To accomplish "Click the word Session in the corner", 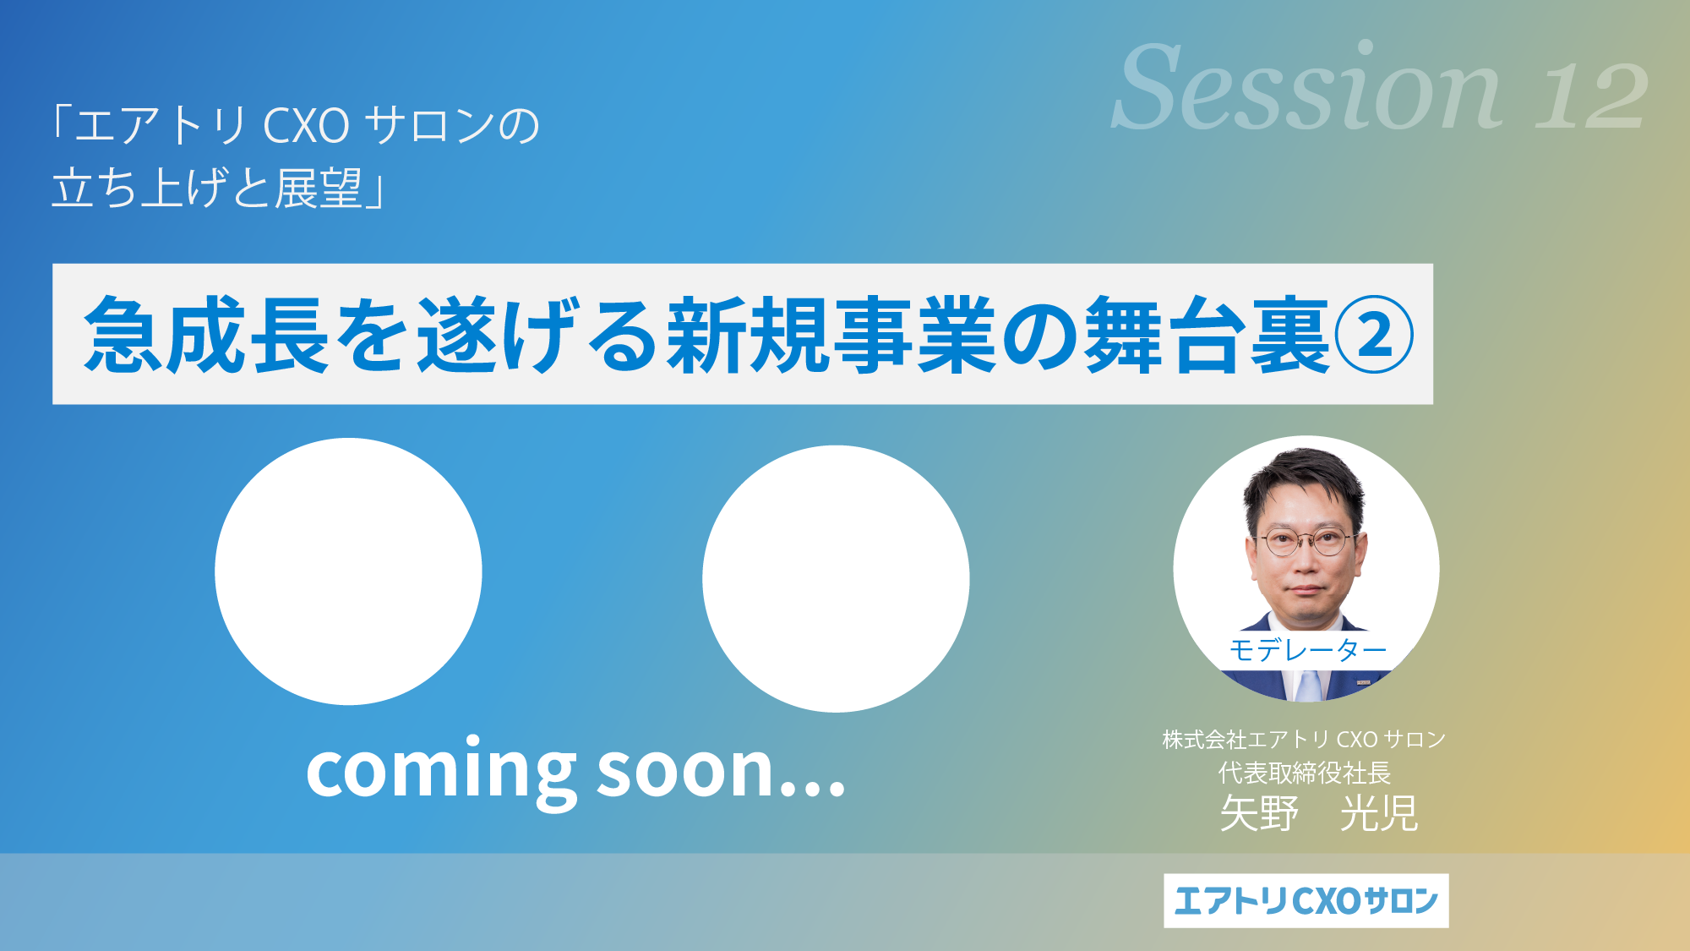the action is (x=1306, y=87).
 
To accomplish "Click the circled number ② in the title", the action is (x=1374, y=335).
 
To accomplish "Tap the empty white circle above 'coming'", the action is (x=348, y=571).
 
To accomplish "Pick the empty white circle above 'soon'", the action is (x=836, y=578).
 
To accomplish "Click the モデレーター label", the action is (x=1307, y=650).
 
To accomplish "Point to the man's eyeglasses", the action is (x=1306, y=542).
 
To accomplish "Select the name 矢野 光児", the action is (x=1319, y=814).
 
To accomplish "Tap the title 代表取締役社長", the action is (x=1305, y=773).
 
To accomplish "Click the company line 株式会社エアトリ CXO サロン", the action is (x=1305, y=740).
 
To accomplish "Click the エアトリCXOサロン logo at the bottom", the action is (x=1306, y=900).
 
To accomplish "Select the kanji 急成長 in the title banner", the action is (x=206, y=335).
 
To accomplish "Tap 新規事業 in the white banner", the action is (x=831, y=335).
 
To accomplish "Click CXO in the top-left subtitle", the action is (x=306, y=126).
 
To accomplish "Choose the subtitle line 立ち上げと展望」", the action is (x=219, y=188).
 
